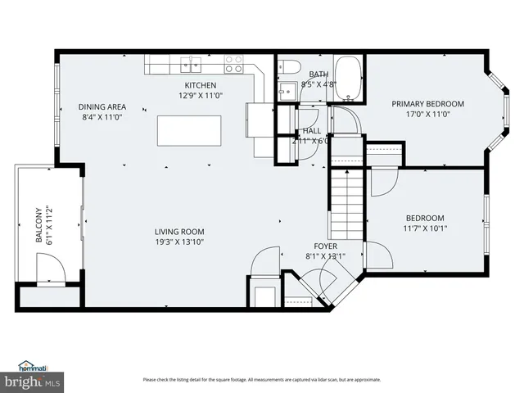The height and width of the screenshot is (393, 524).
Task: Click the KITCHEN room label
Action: pos(200,85)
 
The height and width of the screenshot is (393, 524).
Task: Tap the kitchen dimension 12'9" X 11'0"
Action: pos(200,95)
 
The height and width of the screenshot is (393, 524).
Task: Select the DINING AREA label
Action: pos(102,106)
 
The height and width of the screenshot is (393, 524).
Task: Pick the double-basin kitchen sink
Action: pos(191,60)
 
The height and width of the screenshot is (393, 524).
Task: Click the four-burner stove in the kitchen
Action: pos(233,60)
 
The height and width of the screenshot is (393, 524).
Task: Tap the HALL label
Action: pos(312,130)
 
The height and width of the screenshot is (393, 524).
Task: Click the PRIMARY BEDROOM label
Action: pos(427,104)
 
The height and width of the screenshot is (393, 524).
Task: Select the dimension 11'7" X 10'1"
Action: pos(425,228)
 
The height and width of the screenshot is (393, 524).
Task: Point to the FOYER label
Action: pos(325,246)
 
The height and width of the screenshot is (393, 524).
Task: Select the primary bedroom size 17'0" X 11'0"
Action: pos(427,114)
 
